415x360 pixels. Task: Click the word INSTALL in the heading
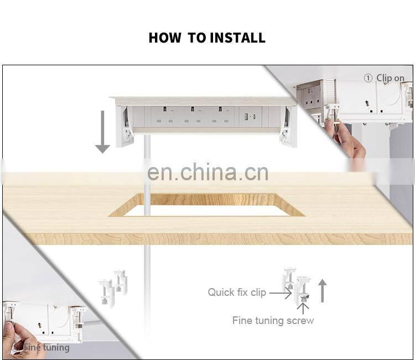click(238, 38)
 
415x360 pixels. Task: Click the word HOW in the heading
click(165, 38)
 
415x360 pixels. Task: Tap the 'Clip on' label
click(391, 79)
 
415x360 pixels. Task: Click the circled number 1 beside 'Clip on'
click(368, 78)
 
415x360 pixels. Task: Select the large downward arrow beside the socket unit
click(102, 132)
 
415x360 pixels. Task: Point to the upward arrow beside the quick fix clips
click(322, 291)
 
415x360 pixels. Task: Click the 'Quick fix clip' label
click(237, 293)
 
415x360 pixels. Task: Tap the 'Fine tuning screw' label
click(273, 321)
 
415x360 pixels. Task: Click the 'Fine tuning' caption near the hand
click(46, 347)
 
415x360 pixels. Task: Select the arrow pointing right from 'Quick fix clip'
click(281, 293)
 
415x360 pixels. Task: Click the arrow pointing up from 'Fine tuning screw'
click(303, 309)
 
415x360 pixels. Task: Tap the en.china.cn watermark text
click(207, 172)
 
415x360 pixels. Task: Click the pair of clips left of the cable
click(113, 288)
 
